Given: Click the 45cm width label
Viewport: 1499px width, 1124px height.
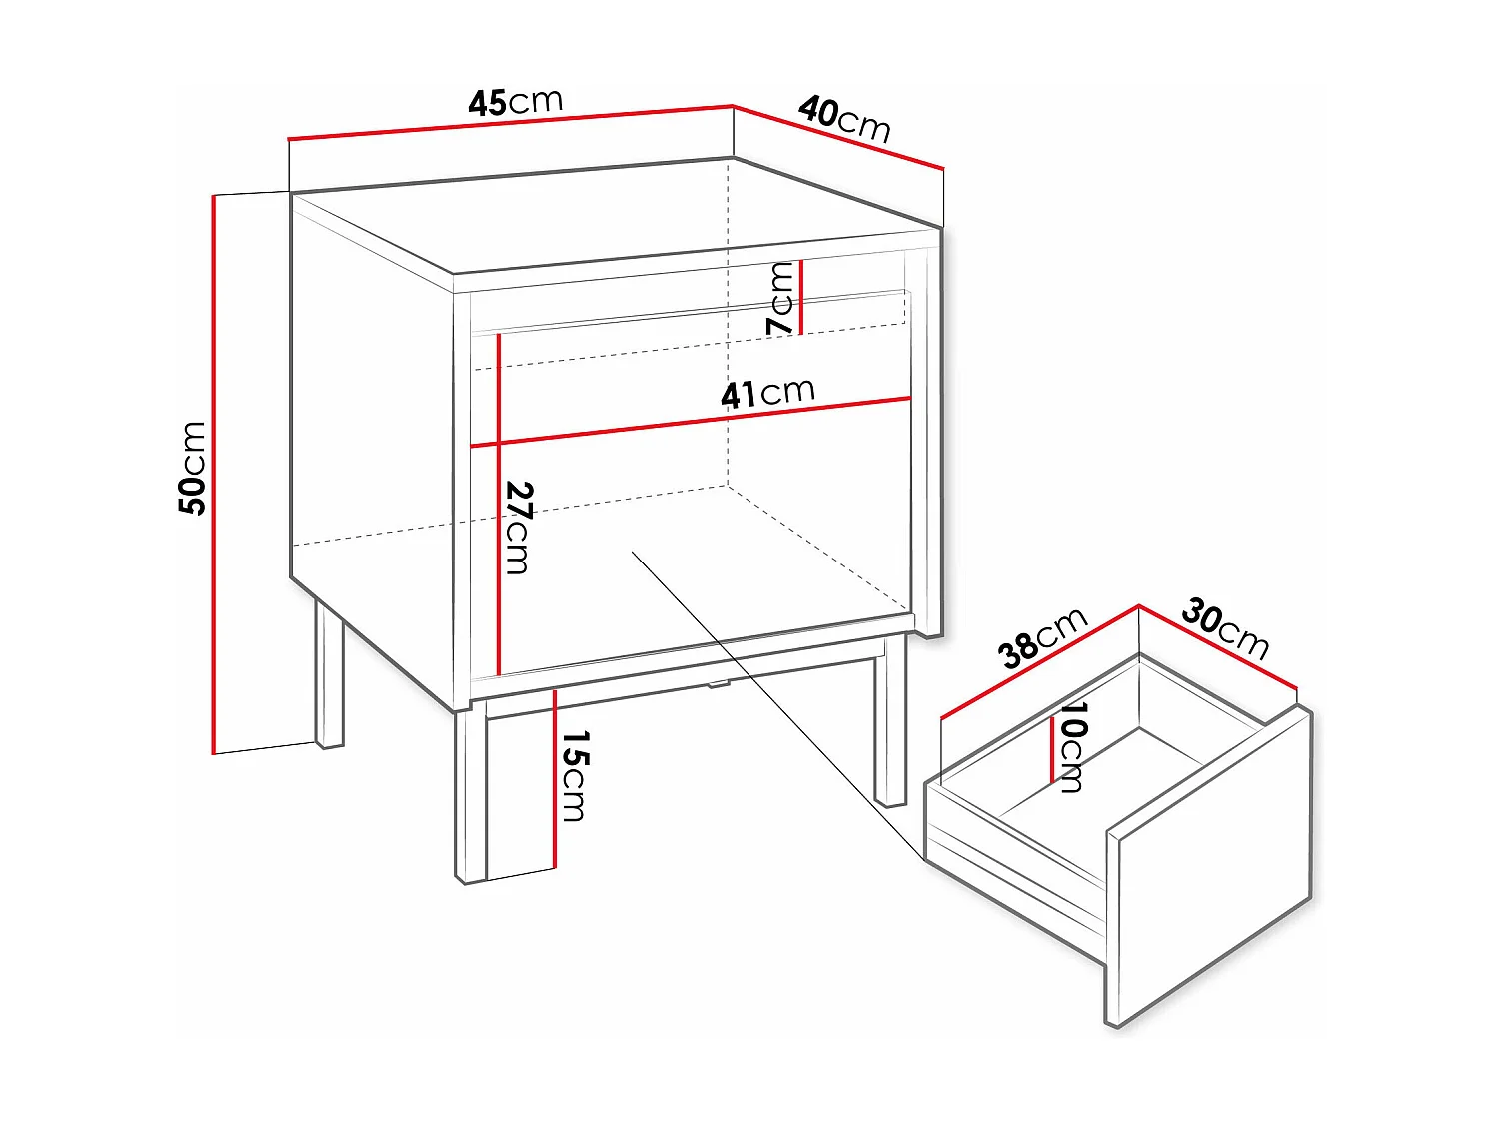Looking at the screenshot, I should [515, 102].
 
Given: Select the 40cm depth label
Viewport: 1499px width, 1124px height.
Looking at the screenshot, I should [844, 119].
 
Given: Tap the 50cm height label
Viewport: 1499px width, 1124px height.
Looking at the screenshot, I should [192, 468].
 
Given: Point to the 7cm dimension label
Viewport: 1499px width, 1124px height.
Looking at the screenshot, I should [780, 298].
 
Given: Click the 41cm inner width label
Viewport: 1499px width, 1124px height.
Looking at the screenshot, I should [767, 393].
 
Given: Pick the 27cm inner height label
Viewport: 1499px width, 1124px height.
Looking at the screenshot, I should [518, 528].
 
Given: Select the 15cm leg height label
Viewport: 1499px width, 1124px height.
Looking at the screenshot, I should [574, 775].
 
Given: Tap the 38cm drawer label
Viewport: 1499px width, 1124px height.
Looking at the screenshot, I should [1042, 637].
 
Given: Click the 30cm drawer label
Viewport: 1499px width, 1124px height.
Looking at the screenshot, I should [1225, 628].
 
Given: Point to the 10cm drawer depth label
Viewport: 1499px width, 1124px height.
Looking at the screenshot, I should [1072, 746].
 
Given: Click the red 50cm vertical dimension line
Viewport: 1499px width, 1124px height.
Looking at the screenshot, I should [214, 475].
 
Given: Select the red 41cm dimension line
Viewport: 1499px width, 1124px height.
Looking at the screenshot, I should [690, 422].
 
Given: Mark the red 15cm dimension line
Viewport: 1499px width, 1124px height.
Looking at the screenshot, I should [554, 779].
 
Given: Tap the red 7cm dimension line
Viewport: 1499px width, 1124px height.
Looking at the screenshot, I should [801, 297].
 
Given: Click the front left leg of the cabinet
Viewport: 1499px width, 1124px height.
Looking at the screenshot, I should [471, 794].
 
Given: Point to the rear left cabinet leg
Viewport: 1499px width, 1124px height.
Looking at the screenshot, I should [329, 674].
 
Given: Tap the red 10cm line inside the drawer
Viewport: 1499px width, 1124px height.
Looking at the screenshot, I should [1051, 750].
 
